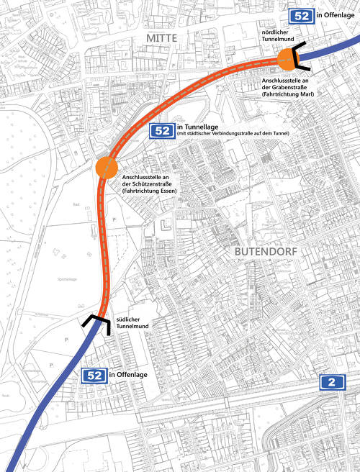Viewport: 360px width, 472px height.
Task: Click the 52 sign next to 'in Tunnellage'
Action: click(x=161, y=130)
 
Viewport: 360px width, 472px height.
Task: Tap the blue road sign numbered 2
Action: click(x=332, y=383)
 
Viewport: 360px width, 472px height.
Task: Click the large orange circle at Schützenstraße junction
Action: click(x=106, y=168)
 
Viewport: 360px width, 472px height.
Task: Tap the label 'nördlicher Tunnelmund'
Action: click(x=282, y=39)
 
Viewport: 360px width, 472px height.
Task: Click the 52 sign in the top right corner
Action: click(x=300, y=16)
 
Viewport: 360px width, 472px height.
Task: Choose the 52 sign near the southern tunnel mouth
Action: click(x=94, y=375)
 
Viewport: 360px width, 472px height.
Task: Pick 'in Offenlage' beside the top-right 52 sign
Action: click(x=336, y=16)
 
